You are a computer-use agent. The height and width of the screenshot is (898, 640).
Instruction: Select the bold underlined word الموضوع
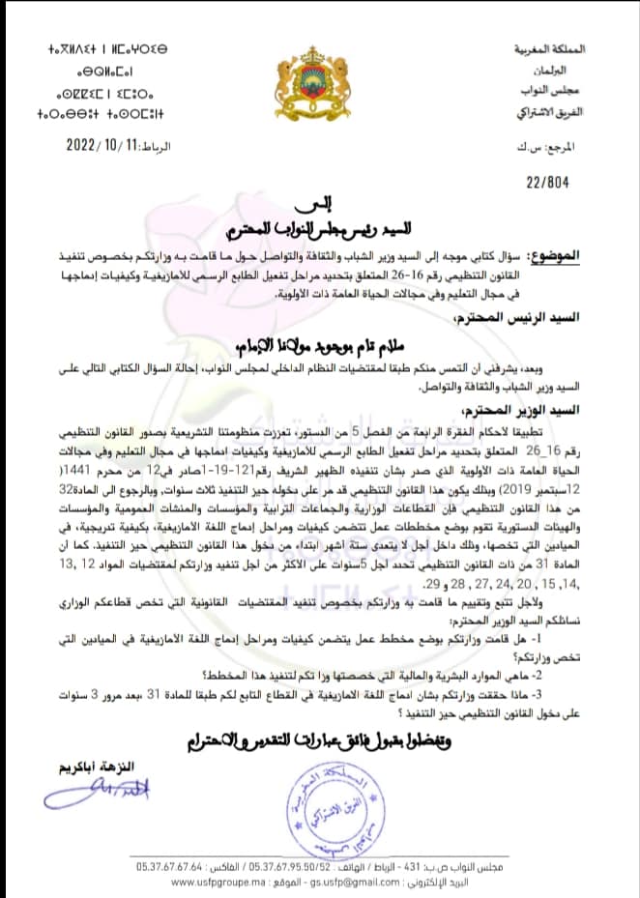[x=594, y=255]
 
